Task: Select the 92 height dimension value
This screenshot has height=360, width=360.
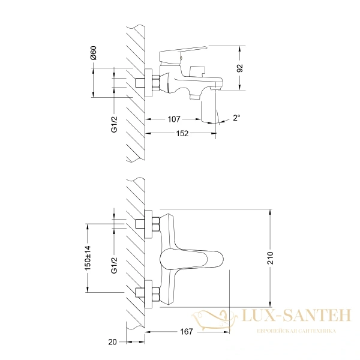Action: pos(239,68)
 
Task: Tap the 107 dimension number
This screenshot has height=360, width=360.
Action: pos(174,118)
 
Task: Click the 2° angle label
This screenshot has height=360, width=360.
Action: pos(236,118)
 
